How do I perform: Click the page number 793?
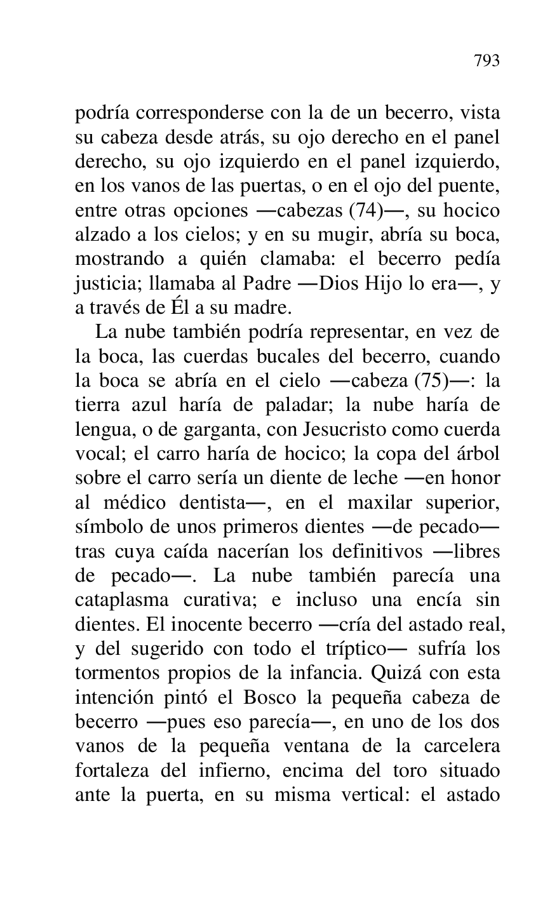tap(486, 61)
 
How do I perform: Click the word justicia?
tap(100, 284)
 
